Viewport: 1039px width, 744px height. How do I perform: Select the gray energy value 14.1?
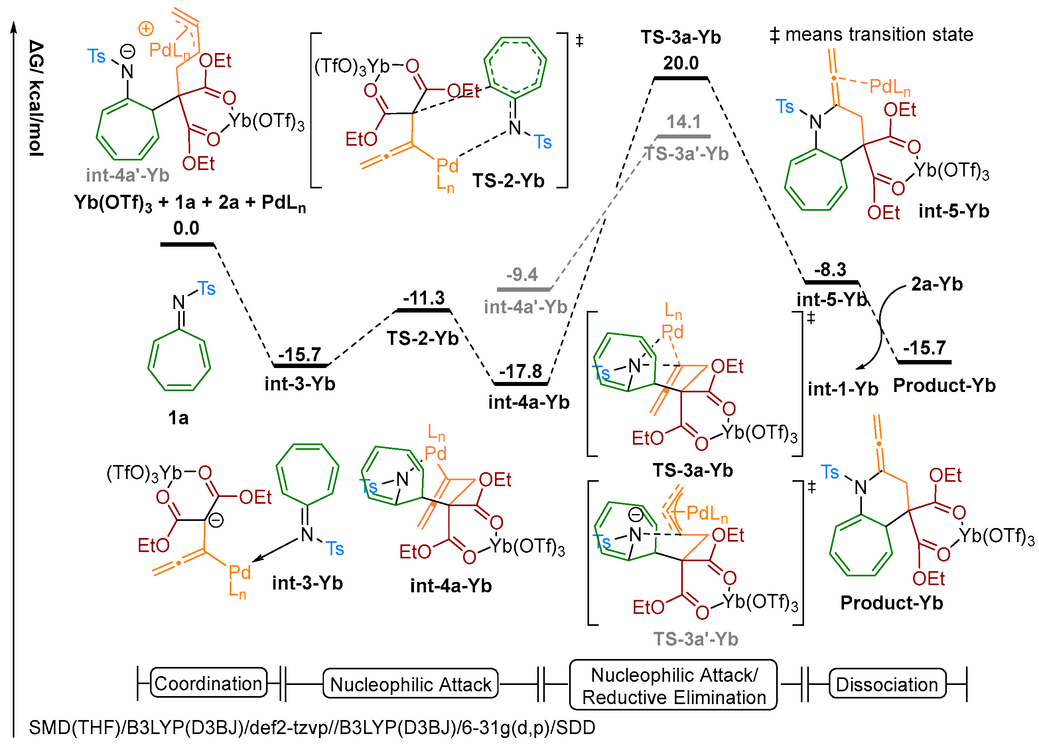pos(683,122)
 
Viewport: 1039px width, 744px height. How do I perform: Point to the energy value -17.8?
pos(520,371)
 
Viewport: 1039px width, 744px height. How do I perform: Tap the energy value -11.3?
pos(424,298)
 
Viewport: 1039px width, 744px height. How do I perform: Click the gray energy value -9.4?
pos(522,275)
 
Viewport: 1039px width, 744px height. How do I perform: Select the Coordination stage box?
pos(208,683)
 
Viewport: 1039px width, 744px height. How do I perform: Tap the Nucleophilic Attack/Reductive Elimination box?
pos(673,685)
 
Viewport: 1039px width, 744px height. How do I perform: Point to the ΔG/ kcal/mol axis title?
pos(37,99)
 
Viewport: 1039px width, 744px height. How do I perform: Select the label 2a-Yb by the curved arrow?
pos(936,284)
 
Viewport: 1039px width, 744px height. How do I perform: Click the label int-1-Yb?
pos(843,389)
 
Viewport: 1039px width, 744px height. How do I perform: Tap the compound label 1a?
pos(178,418)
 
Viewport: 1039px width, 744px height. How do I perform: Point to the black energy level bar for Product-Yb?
pos(924,362)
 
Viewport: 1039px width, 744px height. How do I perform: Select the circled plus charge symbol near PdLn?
pos(146,29)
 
